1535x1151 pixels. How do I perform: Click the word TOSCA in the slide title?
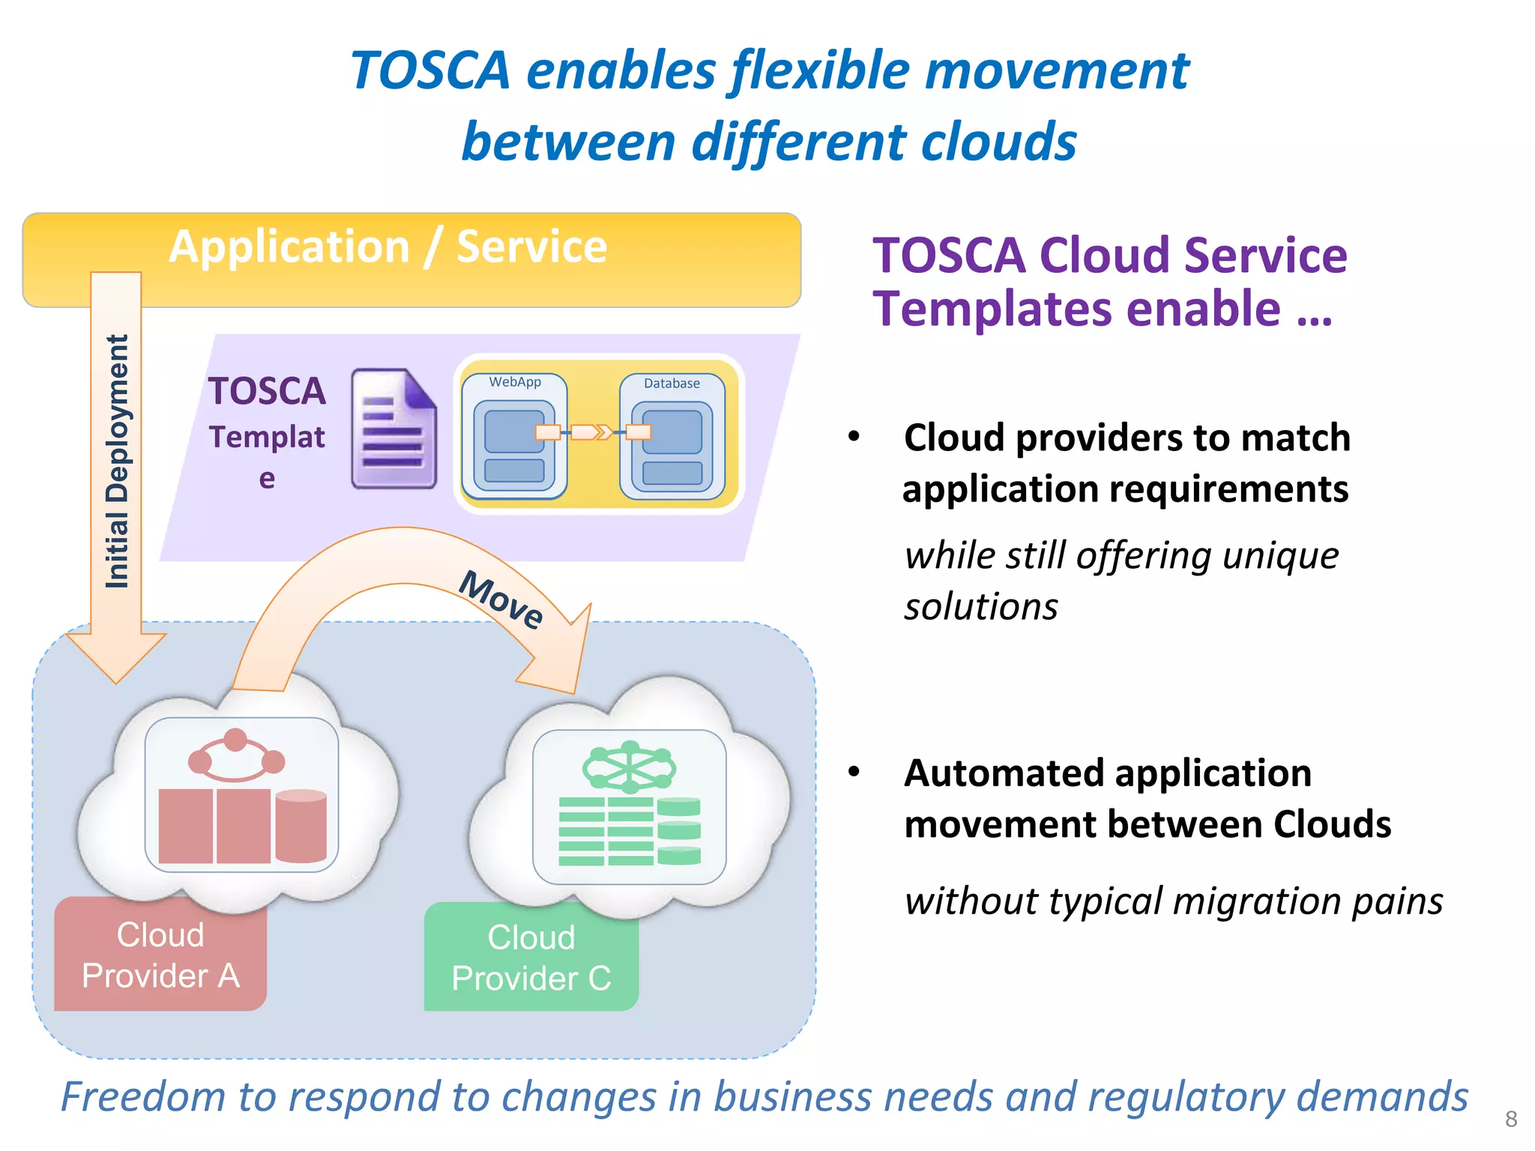click(x=430, y=71)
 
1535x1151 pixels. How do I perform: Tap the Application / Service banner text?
click(x=387, y=247)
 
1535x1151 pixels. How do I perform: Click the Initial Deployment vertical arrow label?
click(x=117, y=461)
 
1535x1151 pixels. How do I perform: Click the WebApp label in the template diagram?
click(x=515, y=382)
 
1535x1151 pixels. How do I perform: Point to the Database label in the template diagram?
click(x=672, y=384)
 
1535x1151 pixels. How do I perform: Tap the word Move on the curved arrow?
click(x=501, y=599)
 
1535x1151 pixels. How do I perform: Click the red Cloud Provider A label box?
click(x=160, y=955)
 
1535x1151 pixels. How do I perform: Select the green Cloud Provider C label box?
click(x=531, y=958)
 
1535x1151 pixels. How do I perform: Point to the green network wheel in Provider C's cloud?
click(x=630, y=767)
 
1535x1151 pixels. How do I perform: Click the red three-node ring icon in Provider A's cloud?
click(x=236, y=757)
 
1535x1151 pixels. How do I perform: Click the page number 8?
click(x=1511, y=1120)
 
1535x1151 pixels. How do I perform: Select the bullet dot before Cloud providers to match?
click(x=854, y=437)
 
